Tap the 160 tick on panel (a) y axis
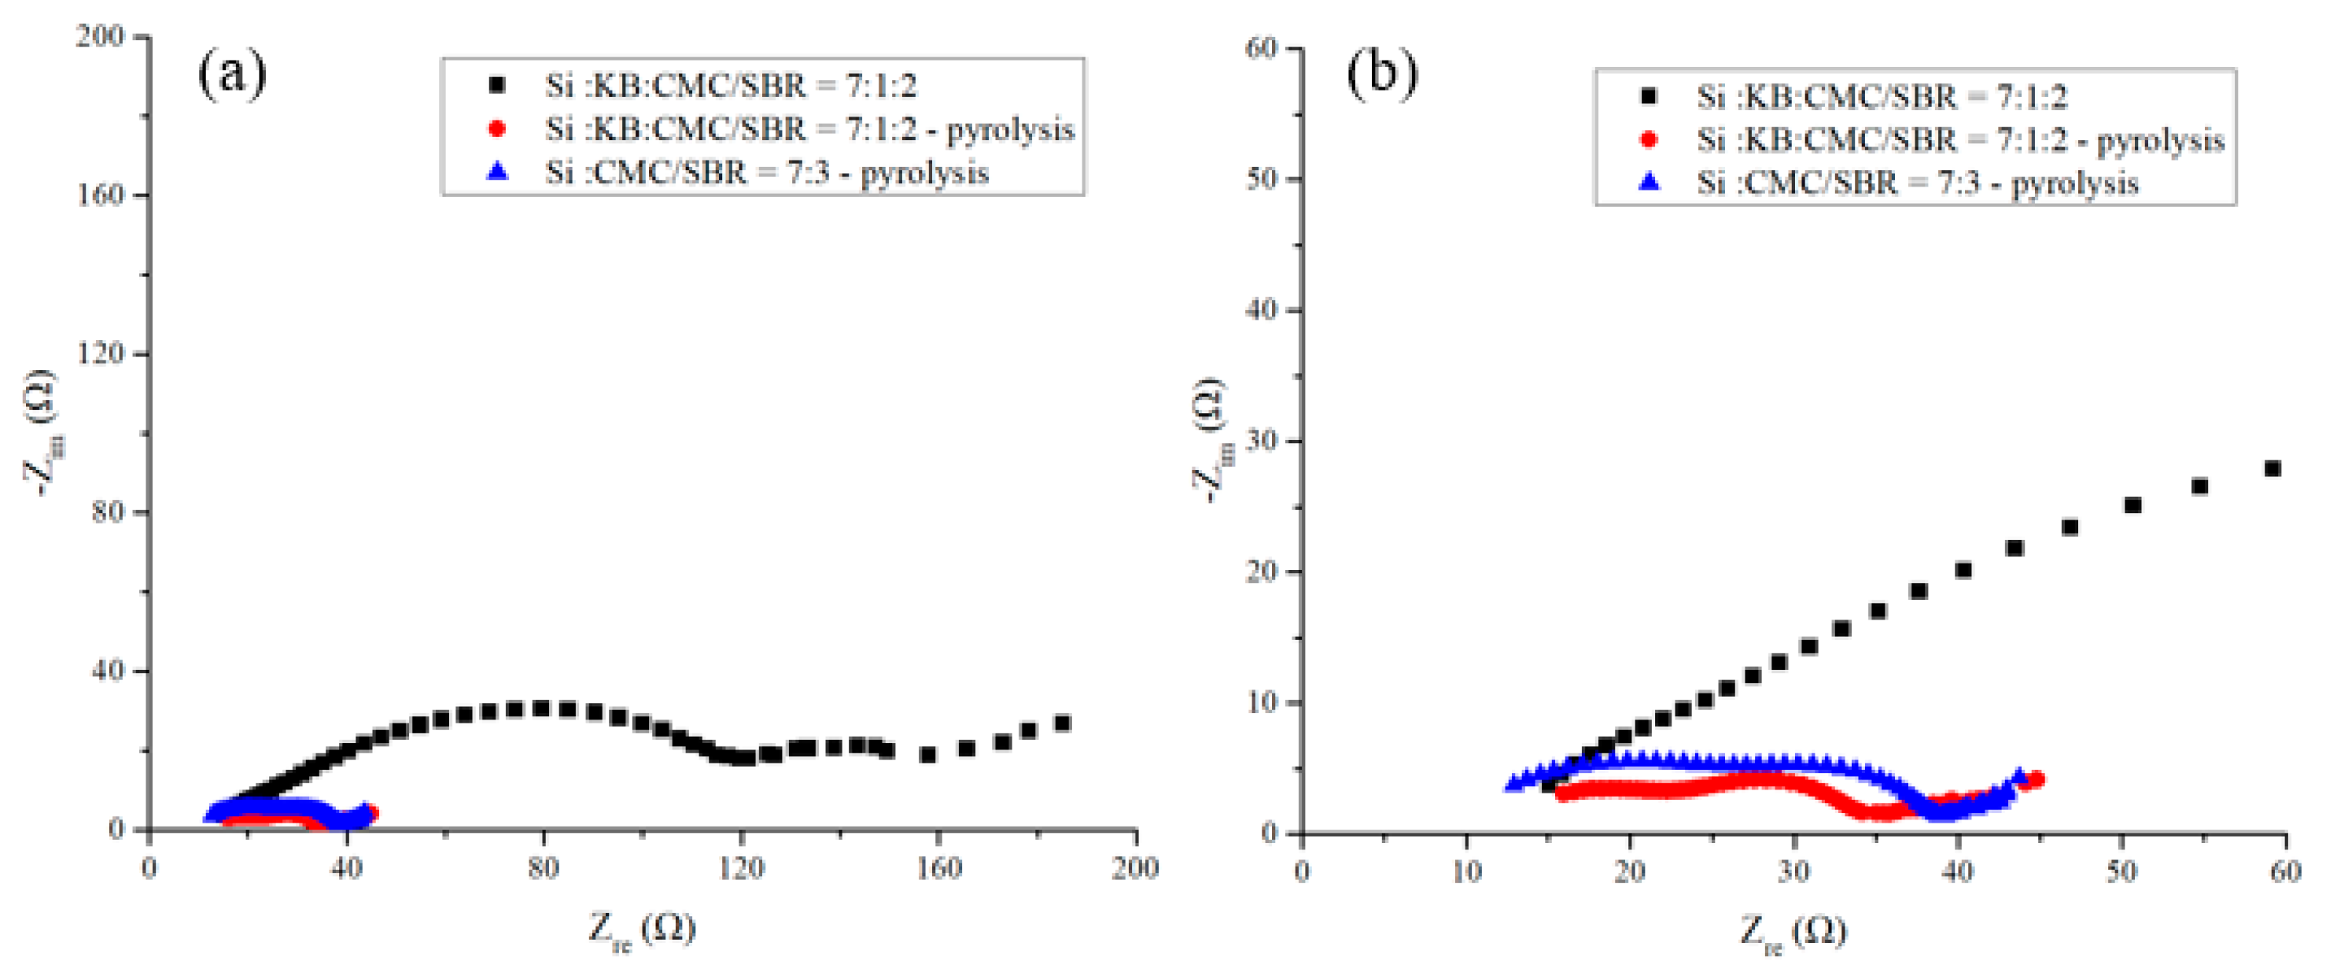click(101, 195)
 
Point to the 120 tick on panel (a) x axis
click(740, 869)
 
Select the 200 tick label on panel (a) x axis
click(1134, 869)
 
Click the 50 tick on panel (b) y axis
click(1263, 179)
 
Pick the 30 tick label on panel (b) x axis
click(1793, 872)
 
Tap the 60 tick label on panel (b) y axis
click(1263, 48)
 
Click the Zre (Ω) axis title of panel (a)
click(642, 930)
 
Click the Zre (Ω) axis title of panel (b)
click(1793, 932)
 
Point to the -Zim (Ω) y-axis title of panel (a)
click(41, 434)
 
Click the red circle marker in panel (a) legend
click(496, 129)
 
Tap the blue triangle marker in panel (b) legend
click(1649, 183)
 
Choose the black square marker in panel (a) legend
click(496, 86)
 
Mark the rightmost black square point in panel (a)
click(1063, 723)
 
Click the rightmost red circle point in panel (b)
click(2035, 779)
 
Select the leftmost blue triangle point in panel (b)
click(1510, 785)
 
